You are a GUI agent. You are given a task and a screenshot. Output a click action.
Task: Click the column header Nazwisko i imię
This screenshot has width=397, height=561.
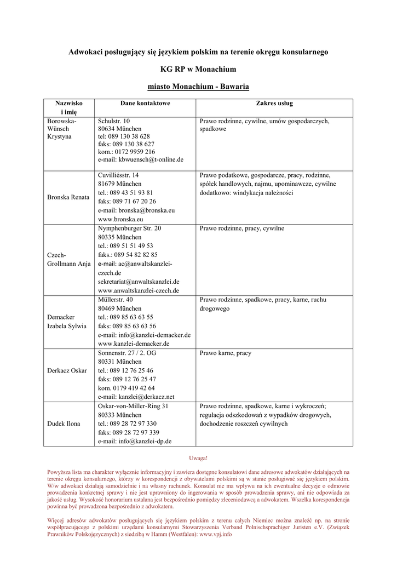(68, 107)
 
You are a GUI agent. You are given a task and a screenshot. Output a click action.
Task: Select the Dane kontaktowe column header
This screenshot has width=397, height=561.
(145, 103)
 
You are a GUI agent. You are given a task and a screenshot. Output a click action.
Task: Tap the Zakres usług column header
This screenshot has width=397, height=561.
(274, 103)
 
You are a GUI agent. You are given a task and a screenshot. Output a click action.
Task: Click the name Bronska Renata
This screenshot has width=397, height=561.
(68, 197)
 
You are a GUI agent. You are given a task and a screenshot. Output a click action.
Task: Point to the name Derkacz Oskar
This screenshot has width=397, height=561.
(67, 370)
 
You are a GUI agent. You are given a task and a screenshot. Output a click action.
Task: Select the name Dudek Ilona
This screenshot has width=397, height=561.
(64, 423)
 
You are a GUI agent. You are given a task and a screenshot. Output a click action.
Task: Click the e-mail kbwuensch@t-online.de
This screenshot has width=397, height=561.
(140, 159)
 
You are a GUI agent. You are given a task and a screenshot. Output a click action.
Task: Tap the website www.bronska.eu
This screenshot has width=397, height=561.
(120, 219)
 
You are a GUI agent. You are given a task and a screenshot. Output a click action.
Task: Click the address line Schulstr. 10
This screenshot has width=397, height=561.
(114, 121)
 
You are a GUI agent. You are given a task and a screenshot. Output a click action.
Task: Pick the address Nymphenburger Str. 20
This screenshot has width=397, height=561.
(130, 228)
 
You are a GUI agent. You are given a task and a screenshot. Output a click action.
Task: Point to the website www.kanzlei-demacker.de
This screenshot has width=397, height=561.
(134, 344)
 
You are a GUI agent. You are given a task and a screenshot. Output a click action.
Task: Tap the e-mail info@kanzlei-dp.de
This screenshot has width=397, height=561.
(135, 441)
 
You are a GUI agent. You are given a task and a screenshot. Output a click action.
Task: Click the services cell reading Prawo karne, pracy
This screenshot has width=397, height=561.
(226, 353)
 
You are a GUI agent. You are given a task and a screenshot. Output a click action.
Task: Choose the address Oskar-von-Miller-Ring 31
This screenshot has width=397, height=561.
(133, 406)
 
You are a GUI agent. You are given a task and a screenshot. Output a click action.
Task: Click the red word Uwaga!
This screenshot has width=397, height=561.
(198, 457)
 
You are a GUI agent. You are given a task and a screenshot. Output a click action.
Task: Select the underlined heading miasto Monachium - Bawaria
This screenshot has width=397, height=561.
(198, 87)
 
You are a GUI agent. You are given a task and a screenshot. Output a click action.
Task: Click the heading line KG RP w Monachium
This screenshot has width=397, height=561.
(198, 69)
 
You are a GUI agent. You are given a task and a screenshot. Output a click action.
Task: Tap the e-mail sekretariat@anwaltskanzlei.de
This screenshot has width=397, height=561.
(139, 282)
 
